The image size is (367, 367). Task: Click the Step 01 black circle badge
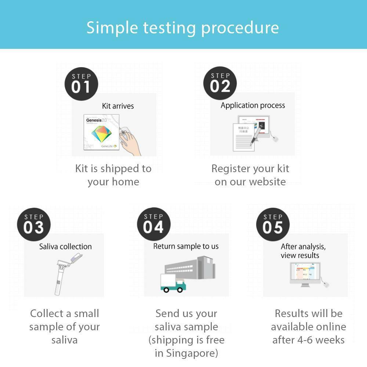pyautogui.click(x=81, y=83)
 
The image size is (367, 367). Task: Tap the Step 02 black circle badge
pyautogui.click(x=220, y=83)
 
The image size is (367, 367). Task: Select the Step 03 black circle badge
pyautogui.click(x=33, y=224)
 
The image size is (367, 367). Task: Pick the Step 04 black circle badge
pyautogui.click(x=153, y=224)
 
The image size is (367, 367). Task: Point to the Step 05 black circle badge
pyautogui.click(x=273, y=224)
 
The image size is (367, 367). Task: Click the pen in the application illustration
pyautogui.click(x=257, y=132)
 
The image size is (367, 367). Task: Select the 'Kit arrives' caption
pyautogui.click(x=118, y=106)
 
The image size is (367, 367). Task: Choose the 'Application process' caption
pyautogui.click(x=252, y=106)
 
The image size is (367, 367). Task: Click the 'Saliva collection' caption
pyautogui.click(x=65, y=247)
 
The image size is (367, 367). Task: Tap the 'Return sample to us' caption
pyautogui.click(x=186, y=246)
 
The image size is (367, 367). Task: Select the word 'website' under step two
pyautogui.click(x=268, y=182)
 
